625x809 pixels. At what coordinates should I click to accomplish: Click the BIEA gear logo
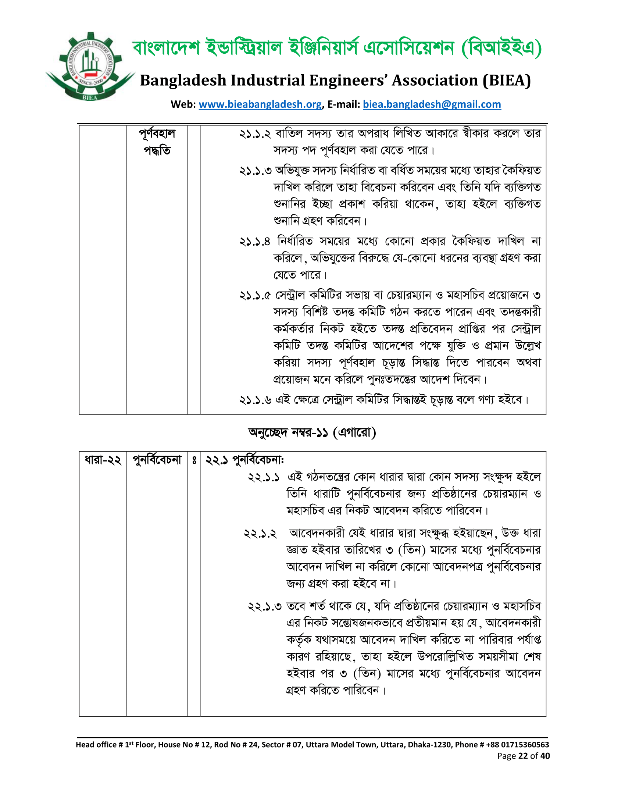coord(90,67)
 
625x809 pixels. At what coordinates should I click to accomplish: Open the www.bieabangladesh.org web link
coord(260,104)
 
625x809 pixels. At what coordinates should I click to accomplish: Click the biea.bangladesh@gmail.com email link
coord(432,104)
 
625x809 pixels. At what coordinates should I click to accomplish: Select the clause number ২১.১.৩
coord(255,171)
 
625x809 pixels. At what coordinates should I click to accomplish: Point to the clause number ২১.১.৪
coord(255,242)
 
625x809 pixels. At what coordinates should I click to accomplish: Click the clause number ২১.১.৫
coord(255,296)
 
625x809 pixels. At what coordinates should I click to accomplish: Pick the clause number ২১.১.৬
coord(255,400)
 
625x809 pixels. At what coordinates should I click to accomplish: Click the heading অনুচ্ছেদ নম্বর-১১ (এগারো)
coord(312,432)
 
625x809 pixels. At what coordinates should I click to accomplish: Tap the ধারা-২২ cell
coord(103,460)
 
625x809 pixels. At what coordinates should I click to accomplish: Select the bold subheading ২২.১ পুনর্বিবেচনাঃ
coord(245,460)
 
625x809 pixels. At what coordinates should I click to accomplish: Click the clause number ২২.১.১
coord(264,477)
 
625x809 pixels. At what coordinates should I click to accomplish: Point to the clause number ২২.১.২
coord(260,534)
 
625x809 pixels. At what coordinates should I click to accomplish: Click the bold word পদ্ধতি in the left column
coord(157,151)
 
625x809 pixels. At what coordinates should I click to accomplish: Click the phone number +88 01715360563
coord(517,745)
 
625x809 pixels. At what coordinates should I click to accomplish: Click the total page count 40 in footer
coord(545,756)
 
